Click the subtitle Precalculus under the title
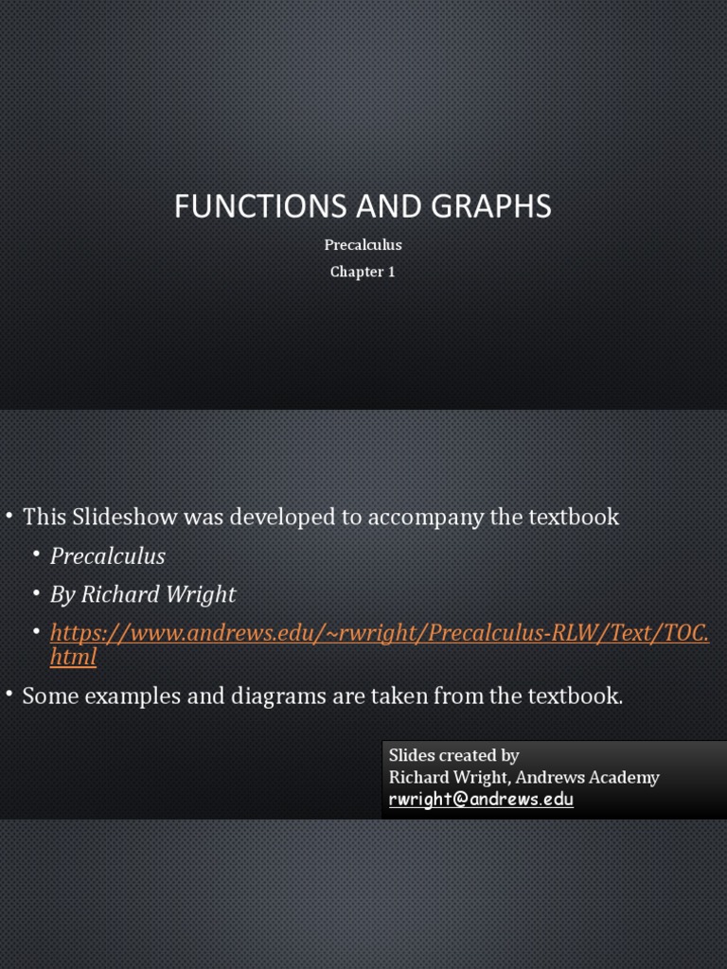pyautogui.click(x=363, y=245)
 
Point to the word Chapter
pyautogui.click(x=356, y=273)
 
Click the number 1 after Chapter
pyautogui.click(x=391, y=273)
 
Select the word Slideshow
pyautogui.click(x=124, y=517)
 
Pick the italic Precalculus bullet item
pyautogui.click(x=108, y=556)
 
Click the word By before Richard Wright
pyautogui.click(x=62, y=594)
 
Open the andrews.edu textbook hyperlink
pyautogui.click(x=379, y=632)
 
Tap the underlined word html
pyautogui.click(x=73, y=657)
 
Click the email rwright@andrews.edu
pyautogui.click(x=481, y=800)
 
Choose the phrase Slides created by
pyautogui.click(x=454, y=755)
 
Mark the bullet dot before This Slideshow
pyautogui.click(x=9, y=516)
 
